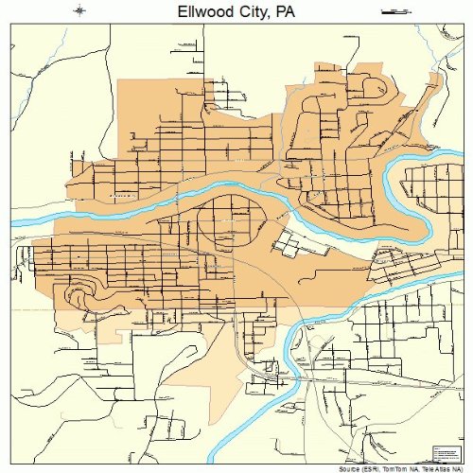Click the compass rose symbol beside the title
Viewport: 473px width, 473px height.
80,10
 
